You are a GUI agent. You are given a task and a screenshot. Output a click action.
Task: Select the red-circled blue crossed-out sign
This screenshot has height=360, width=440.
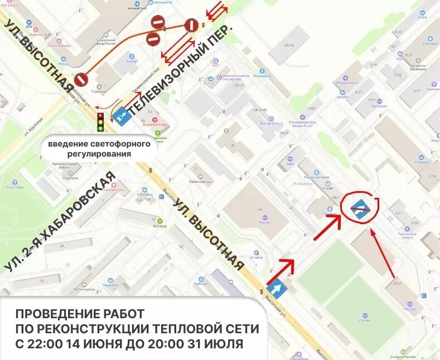(359, 208)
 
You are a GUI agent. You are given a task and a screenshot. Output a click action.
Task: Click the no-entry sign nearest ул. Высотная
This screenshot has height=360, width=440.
(81, 79)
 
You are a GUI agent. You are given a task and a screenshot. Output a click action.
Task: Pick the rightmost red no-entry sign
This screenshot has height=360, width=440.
(191, 25)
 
